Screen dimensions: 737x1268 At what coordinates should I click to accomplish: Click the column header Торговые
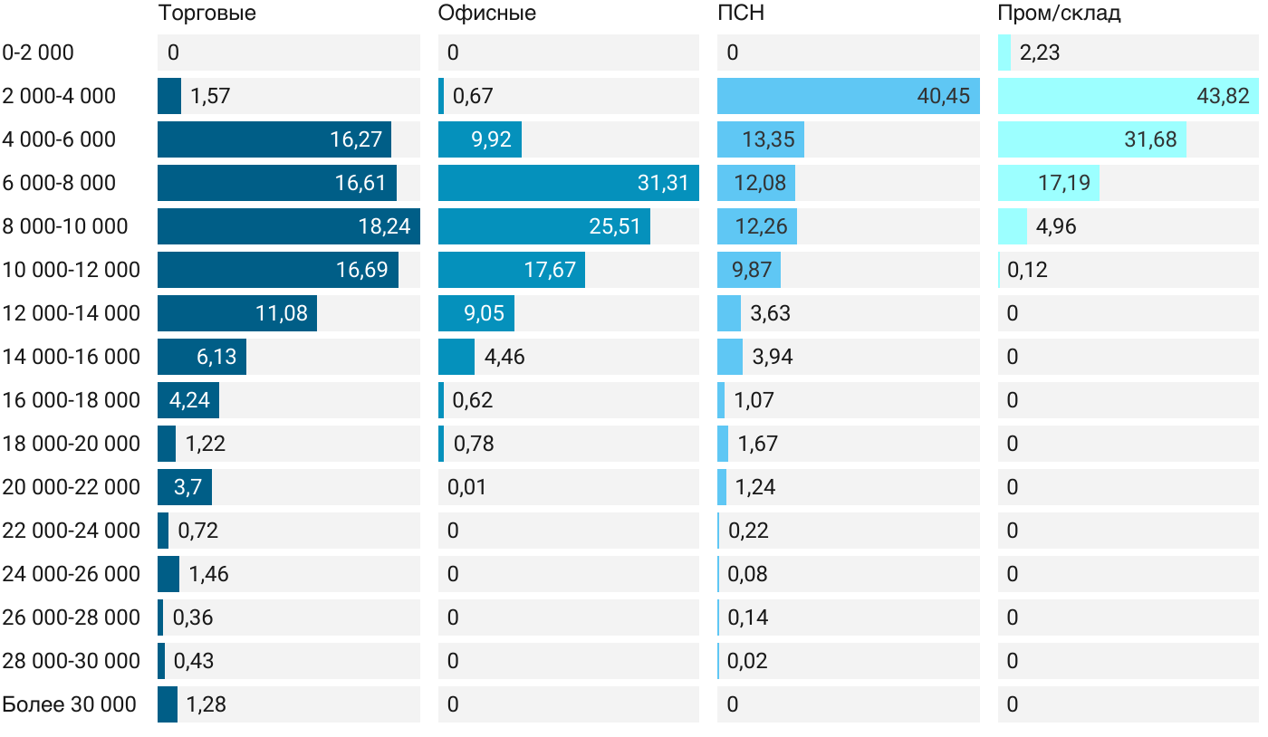pos(207,14)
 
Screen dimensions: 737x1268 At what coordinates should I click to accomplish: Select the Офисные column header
pos(486,14)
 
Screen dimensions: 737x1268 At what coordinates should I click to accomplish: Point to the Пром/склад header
pos(1059,14)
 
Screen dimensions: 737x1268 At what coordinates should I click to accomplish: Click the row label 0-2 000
pos(38,53)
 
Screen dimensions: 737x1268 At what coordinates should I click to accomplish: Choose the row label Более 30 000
pos(69,704)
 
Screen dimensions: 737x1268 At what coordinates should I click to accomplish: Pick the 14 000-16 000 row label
pos(71,357)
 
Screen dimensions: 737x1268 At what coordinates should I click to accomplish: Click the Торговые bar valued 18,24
pos(288,226)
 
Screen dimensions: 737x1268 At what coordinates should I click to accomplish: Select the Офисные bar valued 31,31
pos(568,183)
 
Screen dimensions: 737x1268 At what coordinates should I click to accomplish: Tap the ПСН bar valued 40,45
pos(848,96)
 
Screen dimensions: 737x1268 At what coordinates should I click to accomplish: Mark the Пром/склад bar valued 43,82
pos(1128,96)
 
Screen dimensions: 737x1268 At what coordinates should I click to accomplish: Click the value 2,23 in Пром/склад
pos(1040,53)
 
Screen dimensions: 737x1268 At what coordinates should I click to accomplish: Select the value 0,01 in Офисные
pos(466,487)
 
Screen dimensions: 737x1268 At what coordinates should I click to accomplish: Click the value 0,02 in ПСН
pos(747,661)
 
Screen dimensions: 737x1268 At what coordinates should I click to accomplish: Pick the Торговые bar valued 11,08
pos(236,313)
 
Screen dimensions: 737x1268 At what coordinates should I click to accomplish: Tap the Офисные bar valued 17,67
pos(511,270)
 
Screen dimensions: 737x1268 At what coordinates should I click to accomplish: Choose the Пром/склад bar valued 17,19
pos(1048,183)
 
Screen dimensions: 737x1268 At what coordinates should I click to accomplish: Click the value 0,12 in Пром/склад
pos(1028,270)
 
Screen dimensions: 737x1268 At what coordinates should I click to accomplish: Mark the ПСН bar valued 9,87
pos(748,270)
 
